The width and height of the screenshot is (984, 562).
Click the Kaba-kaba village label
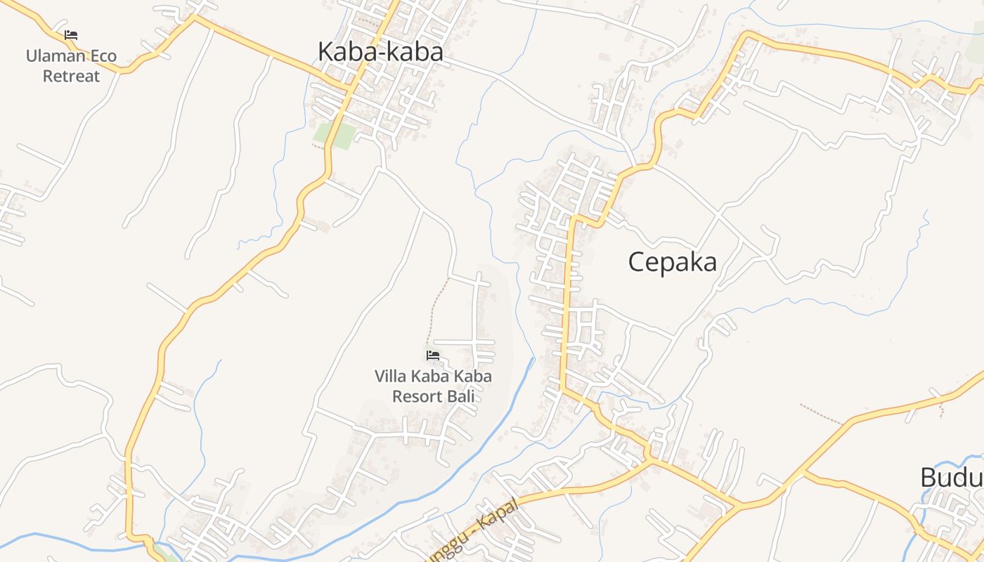[380, 52]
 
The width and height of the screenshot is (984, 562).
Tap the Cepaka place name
[672, 262]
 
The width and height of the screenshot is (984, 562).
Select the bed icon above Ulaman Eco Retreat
[71, 34]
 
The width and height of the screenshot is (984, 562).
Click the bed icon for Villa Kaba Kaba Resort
[433, 355]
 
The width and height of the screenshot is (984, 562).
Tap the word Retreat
[72, 76]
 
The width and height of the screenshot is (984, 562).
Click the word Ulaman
[55, 56]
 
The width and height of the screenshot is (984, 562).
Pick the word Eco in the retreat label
[103, 56]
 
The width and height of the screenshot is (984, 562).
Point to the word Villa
[390, 377]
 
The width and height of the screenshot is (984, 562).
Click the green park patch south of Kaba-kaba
[335, 136]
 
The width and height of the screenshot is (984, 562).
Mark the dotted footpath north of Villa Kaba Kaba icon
[438, 309]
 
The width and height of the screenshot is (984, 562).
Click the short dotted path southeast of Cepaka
[821, 414]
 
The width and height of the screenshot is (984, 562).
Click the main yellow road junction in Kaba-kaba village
[347, 87]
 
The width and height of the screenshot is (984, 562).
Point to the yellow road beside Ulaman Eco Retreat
[127, 69]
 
